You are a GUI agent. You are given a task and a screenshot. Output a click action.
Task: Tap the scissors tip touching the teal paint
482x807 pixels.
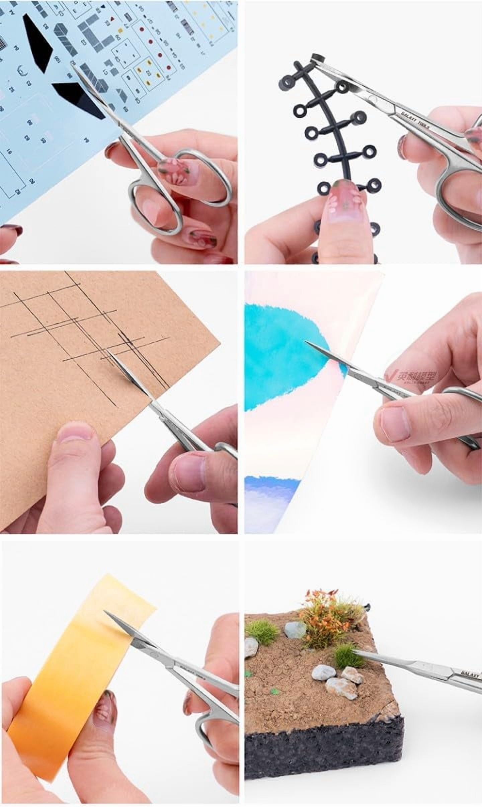click(305, 341)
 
